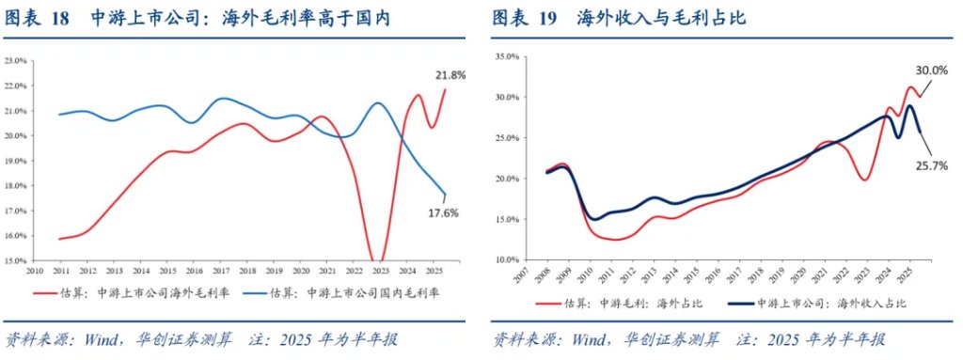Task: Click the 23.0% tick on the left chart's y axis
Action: click(16, 61)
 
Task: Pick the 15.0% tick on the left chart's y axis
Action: click(16, 260)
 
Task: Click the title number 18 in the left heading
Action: click(60, 19)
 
